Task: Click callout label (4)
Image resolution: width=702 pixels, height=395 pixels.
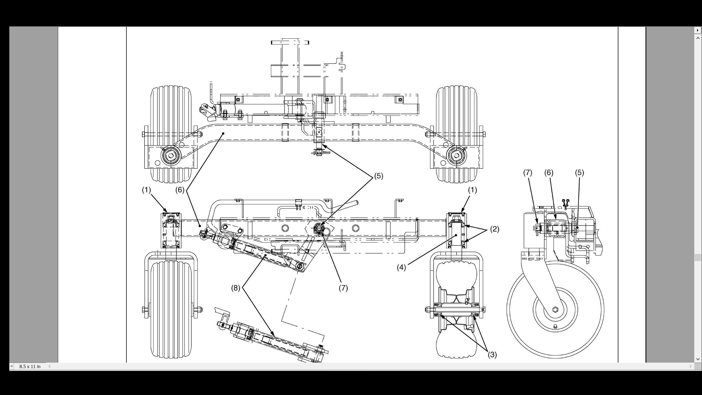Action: click(401, 267)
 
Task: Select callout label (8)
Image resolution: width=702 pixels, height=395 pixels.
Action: click(236, 288)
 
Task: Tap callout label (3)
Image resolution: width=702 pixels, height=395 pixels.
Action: click(492, 355)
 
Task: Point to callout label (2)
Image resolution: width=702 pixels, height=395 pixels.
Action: click(494, 229)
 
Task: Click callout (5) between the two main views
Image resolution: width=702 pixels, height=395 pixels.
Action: click(378, 176)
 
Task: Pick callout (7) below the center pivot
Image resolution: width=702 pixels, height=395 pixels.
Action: click(343, 288)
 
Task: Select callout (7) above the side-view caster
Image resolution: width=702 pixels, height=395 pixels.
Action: click(527, 173)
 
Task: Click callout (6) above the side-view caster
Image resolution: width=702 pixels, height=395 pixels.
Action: click(549, 173)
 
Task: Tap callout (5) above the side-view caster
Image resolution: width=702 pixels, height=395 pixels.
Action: click(579, 173)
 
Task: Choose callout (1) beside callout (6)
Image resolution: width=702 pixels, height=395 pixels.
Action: click(146, 190)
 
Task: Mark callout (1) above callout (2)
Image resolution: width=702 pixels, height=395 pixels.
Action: click(472, 190)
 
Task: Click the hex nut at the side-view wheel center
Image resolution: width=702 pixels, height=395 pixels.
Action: click(555, 309)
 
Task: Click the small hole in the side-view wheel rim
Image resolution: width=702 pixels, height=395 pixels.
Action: click(555, 326)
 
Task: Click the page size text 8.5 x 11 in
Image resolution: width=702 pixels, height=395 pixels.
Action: click(30, 366)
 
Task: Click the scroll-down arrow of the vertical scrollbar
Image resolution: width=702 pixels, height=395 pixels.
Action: click(698, 359)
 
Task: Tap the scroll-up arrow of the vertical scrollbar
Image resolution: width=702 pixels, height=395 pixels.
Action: click(698, 38)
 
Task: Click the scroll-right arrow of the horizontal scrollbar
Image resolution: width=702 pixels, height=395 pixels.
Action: click(690, 366)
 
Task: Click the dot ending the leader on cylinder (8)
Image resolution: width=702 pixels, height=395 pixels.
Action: click(266, 255)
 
